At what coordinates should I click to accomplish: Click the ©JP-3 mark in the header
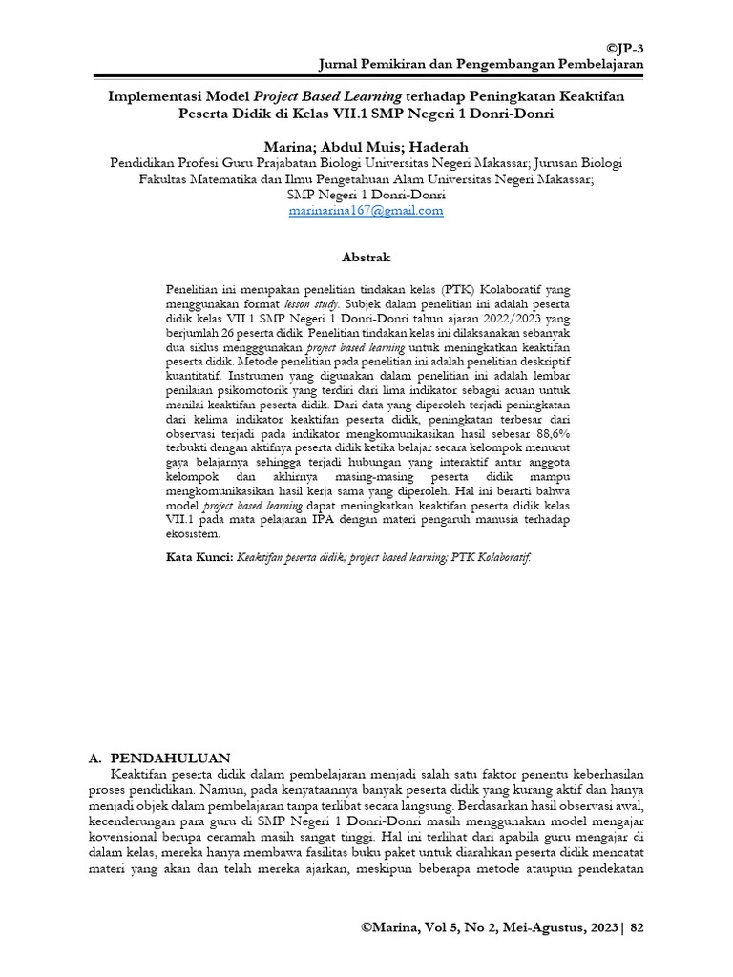point(625,47)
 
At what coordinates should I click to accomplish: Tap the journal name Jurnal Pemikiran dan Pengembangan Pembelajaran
point(480,63)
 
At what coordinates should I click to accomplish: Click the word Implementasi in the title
point(154,96)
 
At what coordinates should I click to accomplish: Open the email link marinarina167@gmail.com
point(366,210)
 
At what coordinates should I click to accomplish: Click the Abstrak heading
point(366,258)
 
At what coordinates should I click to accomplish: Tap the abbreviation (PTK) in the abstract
point(453,287)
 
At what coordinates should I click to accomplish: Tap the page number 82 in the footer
point(638,926)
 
